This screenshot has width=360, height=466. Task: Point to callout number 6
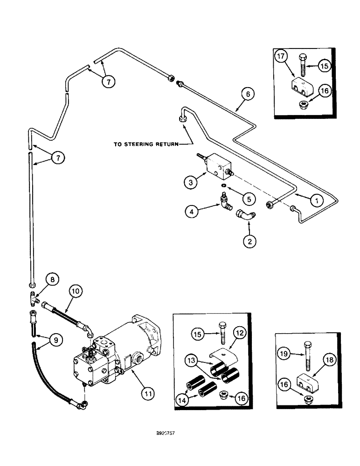(248, 95)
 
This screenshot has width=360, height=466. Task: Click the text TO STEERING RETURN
(145, 144)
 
